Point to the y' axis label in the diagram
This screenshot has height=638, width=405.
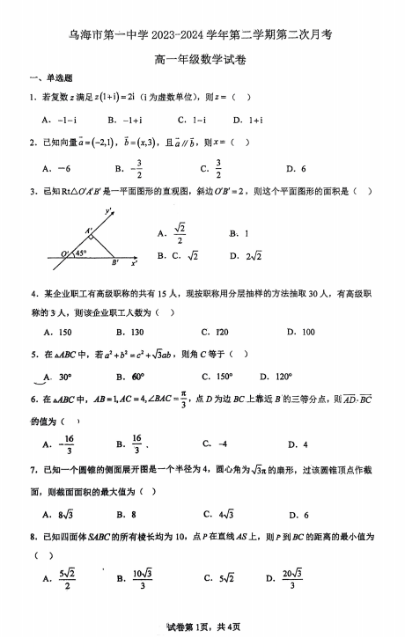coord(108,211)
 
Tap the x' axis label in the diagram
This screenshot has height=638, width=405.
coord(134,263)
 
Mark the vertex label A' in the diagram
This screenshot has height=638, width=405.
coord(89,231)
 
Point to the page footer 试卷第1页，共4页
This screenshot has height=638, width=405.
coord(202,626)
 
